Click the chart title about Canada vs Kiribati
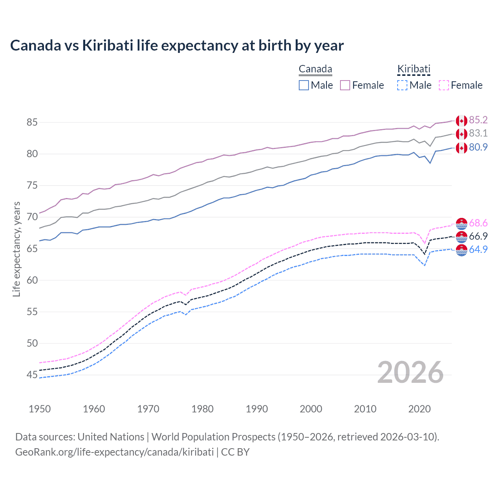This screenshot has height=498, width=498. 177,46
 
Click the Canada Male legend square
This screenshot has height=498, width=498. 304,85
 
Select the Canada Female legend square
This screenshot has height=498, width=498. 345,85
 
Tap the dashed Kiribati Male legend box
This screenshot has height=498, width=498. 402,85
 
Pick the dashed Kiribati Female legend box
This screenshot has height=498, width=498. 444,85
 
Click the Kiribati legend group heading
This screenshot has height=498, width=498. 414,69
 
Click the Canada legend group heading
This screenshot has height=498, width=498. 315,69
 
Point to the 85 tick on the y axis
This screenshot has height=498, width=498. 32,122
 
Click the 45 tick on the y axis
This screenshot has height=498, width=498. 32,375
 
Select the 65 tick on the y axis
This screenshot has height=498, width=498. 32,249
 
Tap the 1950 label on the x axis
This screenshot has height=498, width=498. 40,409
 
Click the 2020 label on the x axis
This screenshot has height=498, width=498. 419,409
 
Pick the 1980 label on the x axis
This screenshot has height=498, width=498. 202,409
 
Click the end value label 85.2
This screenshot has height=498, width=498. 478,120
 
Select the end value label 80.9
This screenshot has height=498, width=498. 478,147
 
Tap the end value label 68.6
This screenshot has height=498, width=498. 478,223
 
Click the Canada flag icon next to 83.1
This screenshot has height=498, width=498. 461,134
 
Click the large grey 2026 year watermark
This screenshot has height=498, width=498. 410,372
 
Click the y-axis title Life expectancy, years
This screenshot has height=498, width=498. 16,249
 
